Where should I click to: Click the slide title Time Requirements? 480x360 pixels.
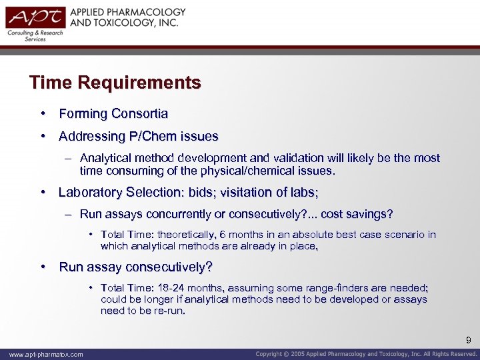tap(115, 83)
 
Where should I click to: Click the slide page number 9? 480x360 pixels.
tap(469, 341)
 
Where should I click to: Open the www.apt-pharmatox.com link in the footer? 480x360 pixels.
tap(43, 355)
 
